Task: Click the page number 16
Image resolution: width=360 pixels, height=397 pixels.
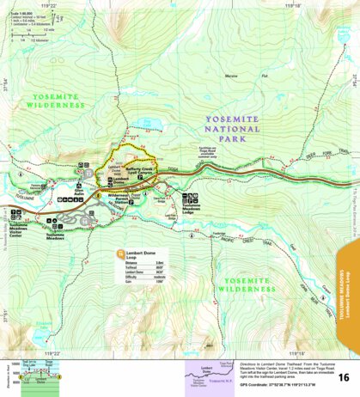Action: [343, 377]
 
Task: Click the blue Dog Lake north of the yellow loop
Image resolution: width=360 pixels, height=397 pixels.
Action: [155, 132]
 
